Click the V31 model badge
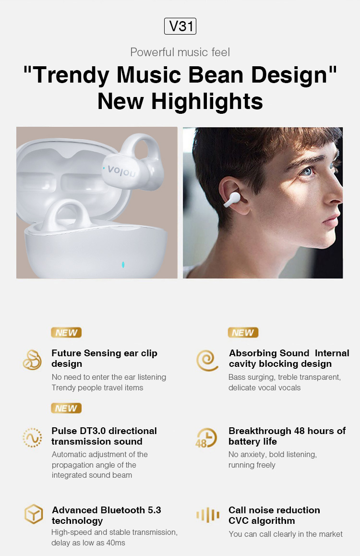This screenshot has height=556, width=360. click(180, 26)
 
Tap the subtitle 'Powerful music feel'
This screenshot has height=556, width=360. click(180, 52)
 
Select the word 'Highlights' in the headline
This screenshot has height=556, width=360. click(207, 102)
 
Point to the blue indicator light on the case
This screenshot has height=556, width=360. click(123, 265)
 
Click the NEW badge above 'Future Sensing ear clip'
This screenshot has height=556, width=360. click(66, 333)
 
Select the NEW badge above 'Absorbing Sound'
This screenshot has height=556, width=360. click(243, 333)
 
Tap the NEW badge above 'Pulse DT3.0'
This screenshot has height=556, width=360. click(66, 408)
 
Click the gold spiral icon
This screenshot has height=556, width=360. click(207, 361)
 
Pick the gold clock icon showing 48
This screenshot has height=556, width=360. click(206, 438)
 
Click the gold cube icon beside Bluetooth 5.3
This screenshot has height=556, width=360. click(34, 514)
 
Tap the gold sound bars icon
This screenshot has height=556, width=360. click(208, 515)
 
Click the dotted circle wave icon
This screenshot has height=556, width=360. click(32, 437)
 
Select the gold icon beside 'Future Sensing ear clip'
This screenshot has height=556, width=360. click(32, 360)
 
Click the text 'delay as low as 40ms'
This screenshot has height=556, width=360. click(88, 543)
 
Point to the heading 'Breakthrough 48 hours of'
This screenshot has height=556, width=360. click(287, 431)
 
